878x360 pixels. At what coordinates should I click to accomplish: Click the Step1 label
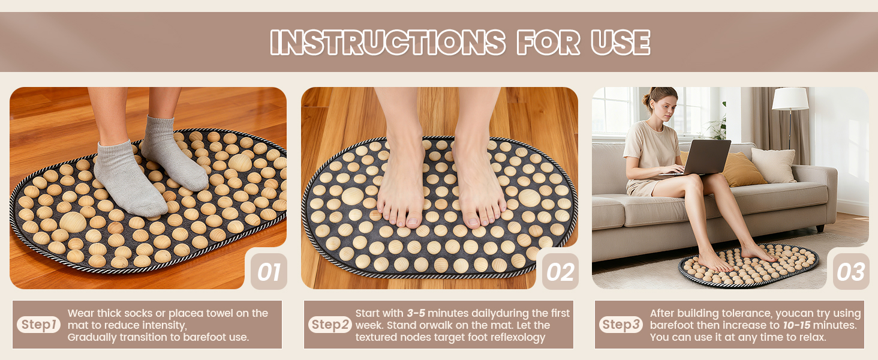click(39, 325)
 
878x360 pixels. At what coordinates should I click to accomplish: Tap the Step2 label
click(330, 325)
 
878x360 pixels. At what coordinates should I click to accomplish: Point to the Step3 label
click(621, 325)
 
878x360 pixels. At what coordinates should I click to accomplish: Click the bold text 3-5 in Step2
click(416, 313)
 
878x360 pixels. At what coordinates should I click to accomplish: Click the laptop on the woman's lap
click(704, 157)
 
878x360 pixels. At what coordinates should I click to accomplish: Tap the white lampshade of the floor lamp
click(790, 99)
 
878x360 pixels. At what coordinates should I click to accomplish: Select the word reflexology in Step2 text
click(516, 337)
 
